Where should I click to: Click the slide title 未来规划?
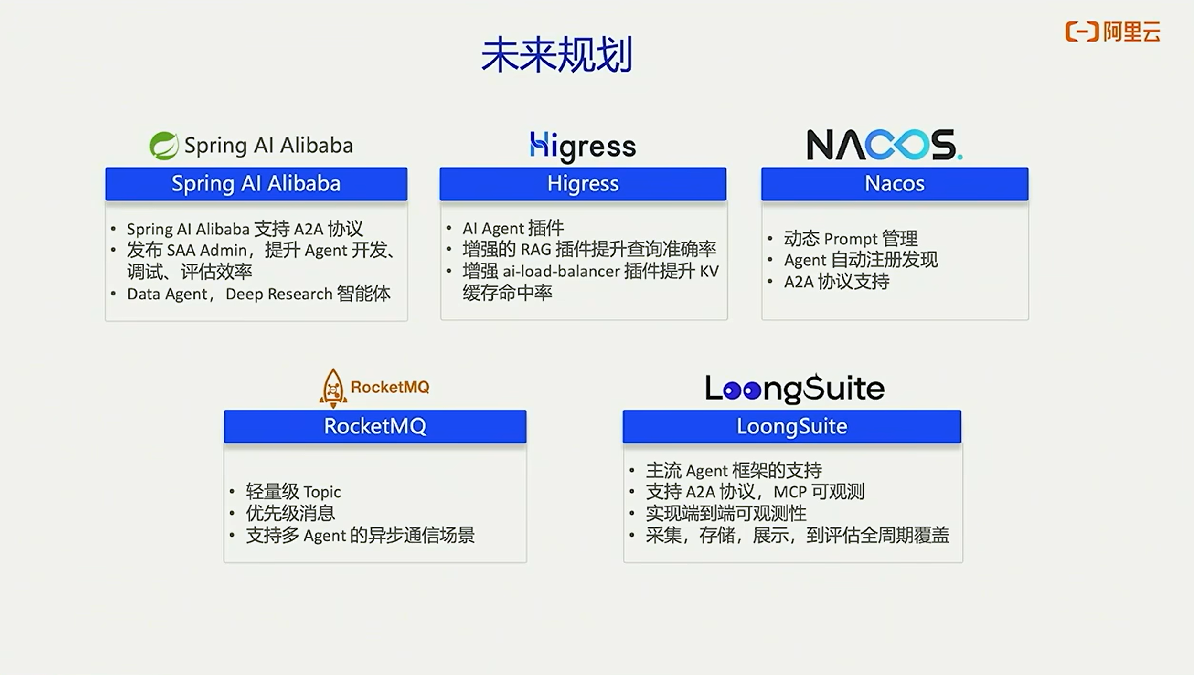[556, 55]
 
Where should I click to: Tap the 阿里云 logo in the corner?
[1112, 32]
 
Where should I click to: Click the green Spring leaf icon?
[164, 146]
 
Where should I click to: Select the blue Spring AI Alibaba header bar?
[256, 184]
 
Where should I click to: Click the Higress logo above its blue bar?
[583, 146]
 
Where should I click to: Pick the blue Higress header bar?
[583, 184]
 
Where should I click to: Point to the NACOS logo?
[884, 145]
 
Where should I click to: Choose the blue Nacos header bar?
[895, 184]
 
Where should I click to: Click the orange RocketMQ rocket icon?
[333, 388]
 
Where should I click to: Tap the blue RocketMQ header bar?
[375, 426]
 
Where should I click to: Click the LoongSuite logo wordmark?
[795, 388]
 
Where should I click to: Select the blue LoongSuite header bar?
[792, 426]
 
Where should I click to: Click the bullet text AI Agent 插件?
[513, 228]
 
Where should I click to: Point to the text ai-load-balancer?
[561, 272]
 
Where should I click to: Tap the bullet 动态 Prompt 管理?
[850, 238]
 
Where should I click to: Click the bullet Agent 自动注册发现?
[861, 260]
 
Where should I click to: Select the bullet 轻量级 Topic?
[293, 492]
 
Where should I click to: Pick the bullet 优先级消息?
[290, 514]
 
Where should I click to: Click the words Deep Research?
[279, 294]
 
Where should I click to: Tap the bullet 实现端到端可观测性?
[726, 514]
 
